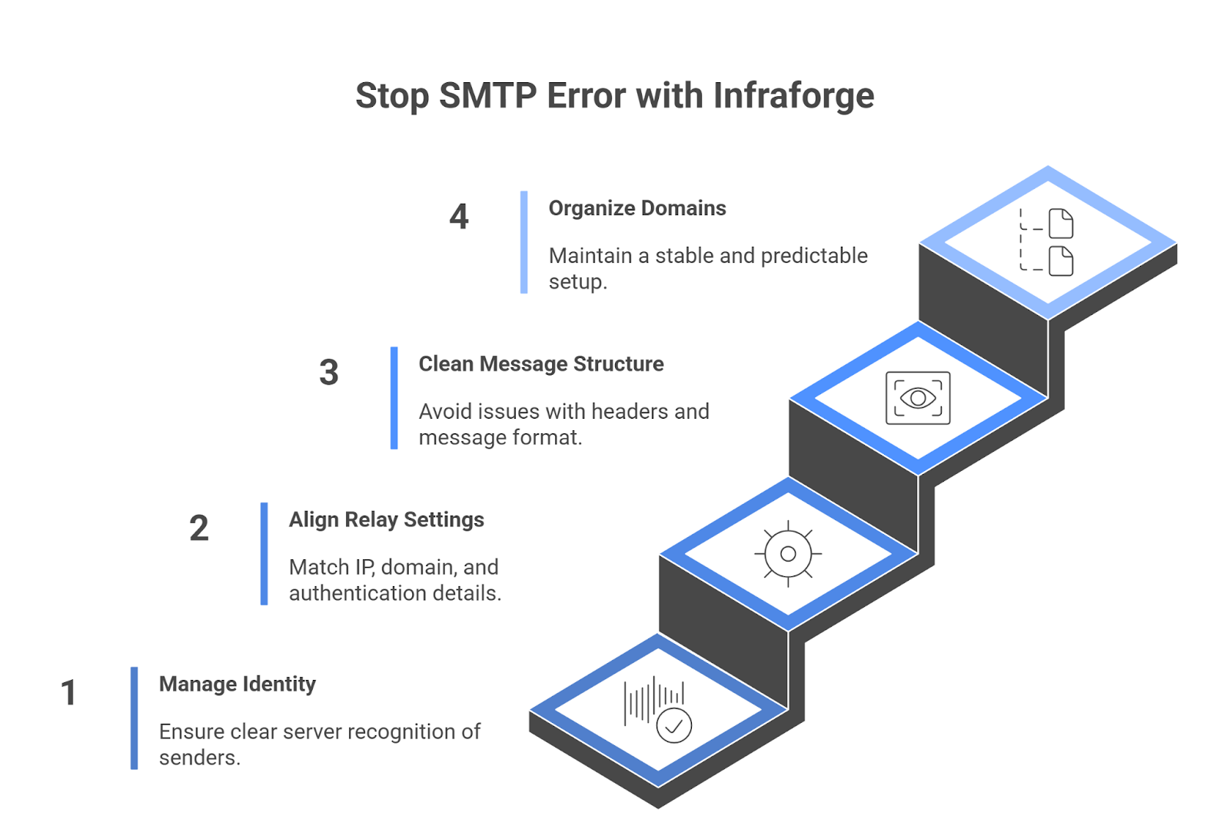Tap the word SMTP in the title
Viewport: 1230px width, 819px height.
487,96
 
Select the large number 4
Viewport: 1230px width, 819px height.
459,217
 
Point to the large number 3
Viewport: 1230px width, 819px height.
329,373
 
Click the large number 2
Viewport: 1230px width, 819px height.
199,529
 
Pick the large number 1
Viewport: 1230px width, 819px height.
68,692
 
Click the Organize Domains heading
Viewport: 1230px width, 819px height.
637,208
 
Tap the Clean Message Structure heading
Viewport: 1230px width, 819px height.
540,364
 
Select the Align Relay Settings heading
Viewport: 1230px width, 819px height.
386,520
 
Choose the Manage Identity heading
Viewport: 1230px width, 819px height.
237,684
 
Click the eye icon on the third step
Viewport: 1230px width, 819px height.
918,398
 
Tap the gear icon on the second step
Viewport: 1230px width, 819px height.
788,554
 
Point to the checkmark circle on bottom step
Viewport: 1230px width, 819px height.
674,726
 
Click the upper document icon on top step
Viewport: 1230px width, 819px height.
1061,224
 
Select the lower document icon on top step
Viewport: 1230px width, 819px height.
1061,261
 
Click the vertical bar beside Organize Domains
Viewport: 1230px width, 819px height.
524,242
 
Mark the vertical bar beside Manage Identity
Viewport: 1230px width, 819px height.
134,718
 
